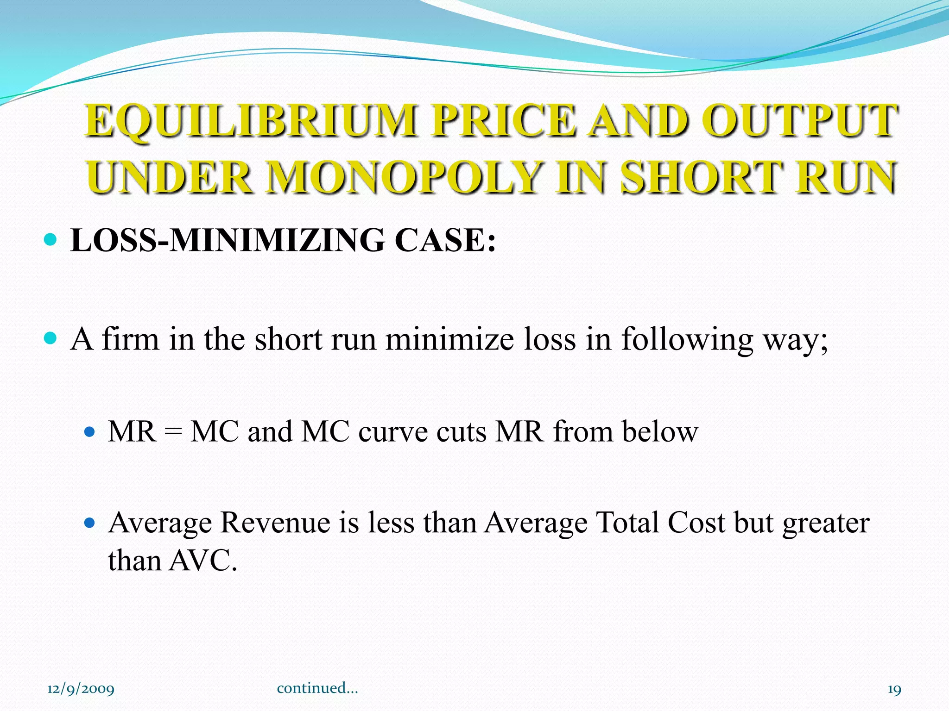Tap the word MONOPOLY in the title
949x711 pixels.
pos(405,178)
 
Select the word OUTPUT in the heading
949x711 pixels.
pos(800,121)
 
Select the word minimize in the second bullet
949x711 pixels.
pos(449,339)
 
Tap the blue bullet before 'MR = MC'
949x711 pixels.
pos(90,432)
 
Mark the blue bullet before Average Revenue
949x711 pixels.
pos(90,524)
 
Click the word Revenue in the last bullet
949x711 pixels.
pos(275,523)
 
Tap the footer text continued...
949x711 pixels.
pos(317,688)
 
